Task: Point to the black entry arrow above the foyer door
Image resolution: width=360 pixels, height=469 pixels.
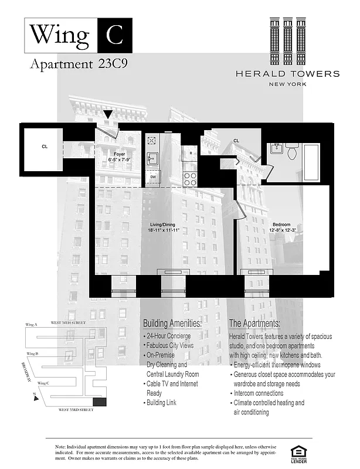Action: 108,115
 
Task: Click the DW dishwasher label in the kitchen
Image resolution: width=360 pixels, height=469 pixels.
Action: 152,176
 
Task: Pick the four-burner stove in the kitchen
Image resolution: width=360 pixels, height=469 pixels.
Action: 189,178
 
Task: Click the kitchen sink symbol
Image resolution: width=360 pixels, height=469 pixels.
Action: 152,158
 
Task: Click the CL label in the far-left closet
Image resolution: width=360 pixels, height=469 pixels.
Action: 45,147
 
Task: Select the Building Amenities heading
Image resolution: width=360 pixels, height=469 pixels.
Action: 172,324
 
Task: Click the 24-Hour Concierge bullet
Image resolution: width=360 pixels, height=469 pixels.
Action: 168,336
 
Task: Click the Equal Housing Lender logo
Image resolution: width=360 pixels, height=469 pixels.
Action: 299,453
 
